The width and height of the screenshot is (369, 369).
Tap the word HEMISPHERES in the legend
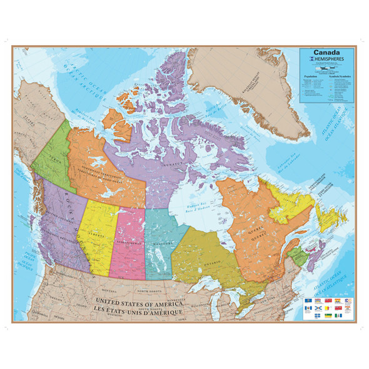point(322,60)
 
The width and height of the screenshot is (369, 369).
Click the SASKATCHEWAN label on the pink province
point(128,241)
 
